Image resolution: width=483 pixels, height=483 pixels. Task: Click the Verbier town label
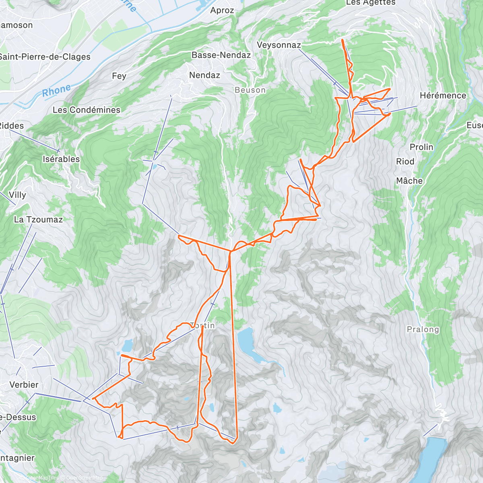pos(24,384)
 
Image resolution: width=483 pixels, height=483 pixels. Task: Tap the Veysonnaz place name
pos(279,45)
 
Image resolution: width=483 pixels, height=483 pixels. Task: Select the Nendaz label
pos(204,75)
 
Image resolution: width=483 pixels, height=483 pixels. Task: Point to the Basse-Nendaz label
pos(221,55)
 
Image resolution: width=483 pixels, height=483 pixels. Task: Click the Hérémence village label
pos(443,95)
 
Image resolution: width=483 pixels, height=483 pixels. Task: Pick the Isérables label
pos(61,159)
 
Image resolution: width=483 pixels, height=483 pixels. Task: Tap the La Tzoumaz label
pos(38,219)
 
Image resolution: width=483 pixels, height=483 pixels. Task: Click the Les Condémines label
pos(87,110)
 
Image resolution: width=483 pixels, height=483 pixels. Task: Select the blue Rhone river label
pos(56,91)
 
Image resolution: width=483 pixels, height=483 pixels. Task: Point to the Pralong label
pos(423,329)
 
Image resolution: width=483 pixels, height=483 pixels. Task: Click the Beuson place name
pos(250,90)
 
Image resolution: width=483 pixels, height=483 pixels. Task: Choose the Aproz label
pos(222,10)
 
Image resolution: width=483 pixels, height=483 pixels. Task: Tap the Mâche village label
pos(409,181)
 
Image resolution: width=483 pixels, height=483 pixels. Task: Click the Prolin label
pos(421,147)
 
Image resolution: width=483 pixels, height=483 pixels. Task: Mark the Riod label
pos(405,161)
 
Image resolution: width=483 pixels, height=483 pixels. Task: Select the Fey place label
pos(119,76)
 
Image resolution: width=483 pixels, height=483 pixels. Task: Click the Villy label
pos(17,195)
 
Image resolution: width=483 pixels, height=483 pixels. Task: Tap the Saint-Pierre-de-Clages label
pos(44,57)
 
